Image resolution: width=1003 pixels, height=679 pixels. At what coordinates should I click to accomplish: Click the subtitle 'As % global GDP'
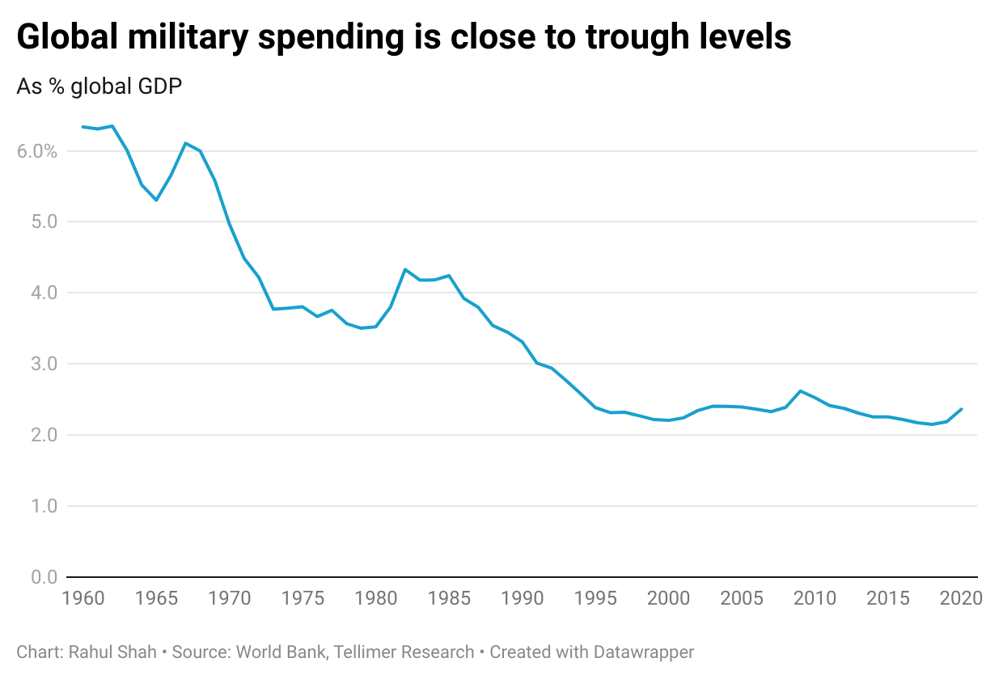[99, 86]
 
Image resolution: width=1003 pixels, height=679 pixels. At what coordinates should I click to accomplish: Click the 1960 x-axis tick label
[83, 599]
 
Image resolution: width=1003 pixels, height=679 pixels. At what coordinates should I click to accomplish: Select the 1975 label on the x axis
[303, 599]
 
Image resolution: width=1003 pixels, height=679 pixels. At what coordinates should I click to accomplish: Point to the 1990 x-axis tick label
[522, 599]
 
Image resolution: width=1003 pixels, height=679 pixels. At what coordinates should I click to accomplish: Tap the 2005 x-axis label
[742, 599]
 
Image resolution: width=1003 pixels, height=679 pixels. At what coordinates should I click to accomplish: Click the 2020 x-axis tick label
[961, 599]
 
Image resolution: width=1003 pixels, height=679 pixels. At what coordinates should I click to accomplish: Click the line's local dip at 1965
[156, 200]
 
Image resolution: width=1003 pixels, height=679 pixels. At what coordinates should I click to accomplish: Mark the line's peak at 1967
[185, 143]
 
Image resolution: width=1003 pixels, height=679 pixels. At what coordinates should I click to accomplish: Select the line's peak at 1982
[404, 269]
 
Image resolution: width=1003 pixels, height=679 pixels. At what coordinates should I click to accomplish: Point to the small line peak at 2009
[800, 391]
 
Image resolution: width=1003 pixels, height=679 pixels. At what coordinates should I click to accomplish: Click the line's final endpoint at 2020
[961, 409]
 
